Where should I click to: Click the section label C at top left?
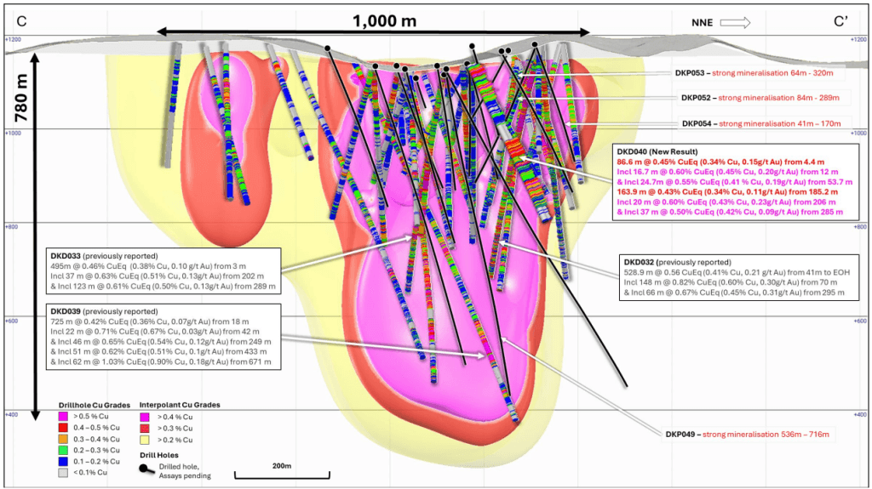tap(21, 21)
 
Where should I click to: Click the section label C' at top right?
tap(840, 21)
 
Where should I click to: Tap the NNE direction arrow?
tap(735, 22)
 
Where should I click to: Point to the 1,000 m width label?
tap(384, 21)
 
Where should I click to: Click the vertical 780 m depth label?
tap(21, 98)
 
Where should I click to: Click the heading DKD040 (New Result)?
tap(657, 151)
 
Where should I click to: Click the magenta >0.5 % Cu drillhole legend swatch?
tap(63, 416)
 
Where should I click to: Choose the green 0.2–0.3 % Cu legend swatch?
tap(63, 450)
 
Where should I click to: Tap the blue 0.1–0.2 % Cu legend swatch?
tap(63, 461)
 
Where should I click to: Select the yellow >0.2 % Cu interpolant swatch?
tap(144, 440)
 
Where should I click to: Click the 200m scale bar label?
tap(281, 466)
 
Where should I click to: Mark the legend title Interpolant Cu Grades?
tap(180, 405)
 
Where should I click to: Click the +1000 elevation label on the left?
tap(13, 134)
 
